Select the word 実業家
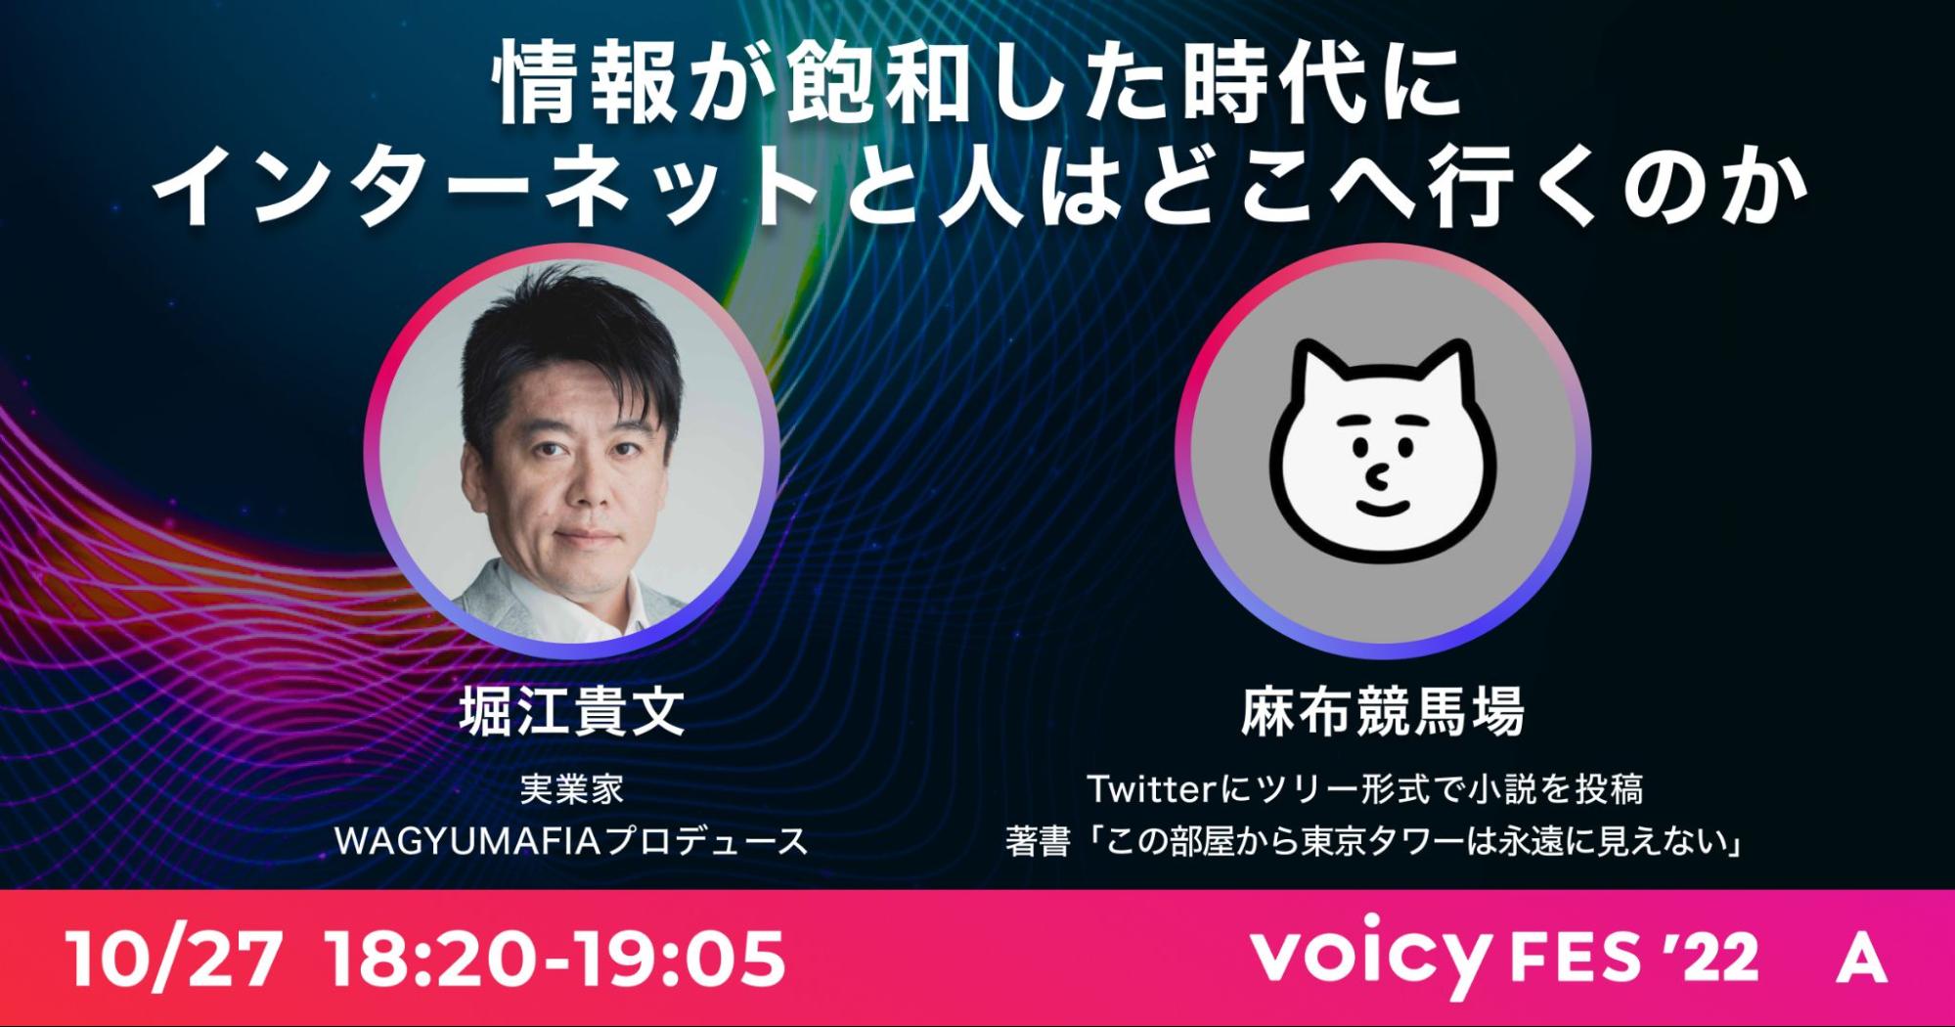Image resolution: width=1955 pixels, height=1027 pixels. [x=571, y=789]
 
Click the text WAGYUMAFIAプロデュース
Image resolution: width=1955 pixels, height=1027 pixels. [x=571, y=841]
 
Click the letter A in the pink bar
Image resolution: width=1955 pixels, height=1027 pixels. [x=1861, y=959]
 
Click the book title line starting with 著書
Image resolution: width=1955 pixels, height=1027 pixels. [x=1375, y=841]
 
